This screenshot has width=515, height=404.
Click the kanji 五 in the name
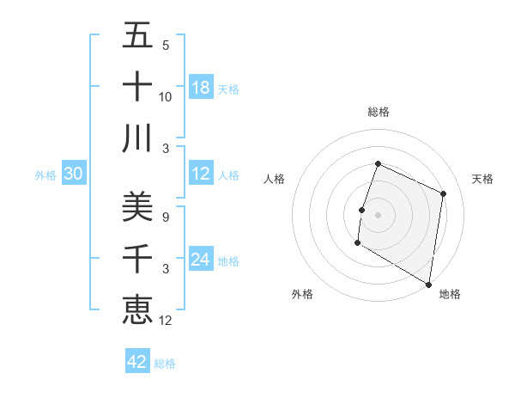(x=137, y=36)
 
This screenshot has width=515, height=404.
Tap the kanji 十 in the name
(x=137, y=87)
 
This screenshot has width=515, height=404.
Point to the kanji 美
(x=137, y=206)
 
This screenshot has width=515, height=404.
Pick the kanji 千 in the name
(x=137, y=258)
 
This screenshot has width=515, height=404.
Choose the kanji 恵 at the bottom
(x=137, y=309)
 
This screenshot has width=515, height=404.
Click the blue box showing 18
(x=201, y=88)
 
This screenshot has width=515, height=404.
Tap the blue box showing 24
(x=201, y=260)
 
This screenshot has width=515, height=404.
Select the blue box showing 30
(x=74, y=174)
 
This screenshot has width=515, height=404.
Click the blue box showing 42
(x=137, y=362)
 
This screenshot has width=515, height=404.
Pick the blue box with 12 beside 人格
(x=201, y=174)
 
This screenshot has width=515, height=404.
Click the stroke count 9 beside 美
(x=165, y=217)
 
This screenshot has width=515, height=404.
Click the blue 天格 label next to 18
(x=228, y=89)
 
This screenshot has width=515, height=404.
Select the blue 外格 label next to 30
(x=45, y=175)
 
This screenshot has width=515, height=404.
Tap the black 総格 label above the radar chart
(x=378, y=112)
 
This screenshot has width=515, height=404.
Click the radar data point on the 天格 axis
(x=444, y=193)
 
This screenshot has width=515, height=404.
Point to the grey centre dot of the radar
(x=378, y=215)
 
